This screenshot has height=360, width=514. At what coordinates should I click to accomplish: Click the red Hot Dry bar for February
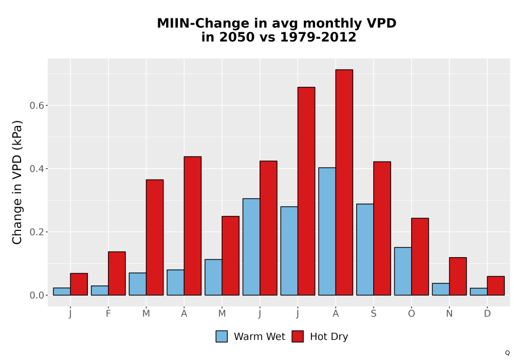[117, 274]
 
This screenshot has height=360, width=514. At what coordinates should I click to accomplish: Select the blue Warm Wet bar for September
[365, 249]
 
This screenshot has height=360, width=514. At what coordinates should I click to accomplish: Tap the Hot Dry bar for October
[420, 257]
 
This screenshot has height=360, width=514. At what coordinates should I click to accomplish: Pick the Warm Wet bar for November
[440, 289]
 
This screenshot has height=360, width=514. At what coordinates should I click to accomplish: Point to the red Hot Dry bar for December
[495, 285]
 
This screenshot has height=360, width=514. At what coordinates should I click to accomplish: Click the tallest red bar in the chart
[344, 182]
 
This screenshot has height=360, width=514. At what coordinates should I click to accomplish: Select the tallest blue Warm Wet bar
[327, 231]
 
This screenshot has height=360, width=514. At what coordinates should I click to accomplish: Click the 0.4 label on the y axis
[36, 169]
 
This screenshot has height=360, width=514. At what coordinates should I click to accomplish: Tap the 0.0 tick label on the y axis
[36, 295]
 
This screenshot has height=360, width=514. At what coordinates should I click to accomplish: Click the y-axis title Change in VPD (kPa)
[17, 183]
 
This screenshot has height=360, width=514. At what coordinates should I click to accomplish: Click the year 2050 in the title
[236, 37]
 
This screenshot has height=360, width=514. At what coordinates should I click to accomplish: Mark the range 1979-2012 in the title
[318, 37]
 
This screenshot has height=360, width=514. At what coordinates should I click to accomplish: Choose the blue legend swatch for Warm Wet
[222, 336]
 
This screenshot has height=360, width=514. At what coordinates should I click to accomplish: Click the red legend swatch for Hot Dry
[298, 336]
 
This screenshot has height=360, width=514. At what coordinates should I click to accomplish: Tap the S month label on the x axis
[374, 314]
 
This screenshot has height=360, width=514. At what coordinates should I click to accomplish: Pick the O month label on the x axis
[411, 314]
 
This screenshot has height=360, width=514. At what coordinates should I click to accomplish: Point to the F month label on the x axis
[108, 314]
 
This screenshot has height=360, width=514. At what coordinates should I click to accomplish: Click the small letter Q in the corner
[507, 353]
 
